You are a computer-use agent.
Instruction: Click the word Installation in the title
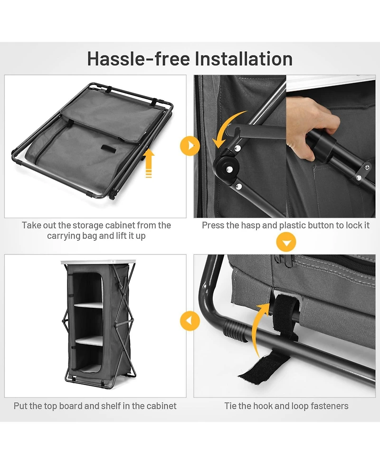[x=244, y=58]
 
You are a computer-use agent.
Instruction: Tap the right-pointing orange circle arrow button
[x=190, y=146]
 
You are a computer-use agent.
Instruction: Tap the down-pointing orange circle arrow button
[x=286, y=242]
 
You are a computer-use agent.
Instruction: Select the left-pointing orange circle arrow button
[x=190, y=321]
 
